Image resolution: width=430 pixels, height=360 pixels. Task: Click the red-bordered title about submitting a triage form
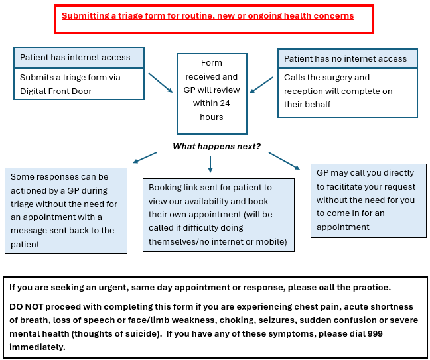(x=208, y=16)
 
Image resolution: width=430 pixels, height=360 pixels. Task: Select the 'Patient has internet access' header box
(x=79, y=58)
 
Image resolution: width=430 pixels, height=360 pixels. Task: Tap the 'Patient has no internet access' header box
(x=347, y=58)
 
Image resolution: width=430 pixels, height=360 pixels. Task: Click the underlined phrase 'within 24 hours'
(x=211, y=110)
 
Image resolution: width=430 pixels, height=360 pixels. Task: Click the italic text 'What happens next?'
(x=216, y=146)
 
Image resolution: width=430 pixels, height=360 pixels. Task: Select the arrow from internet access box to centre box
(x=160, y=82)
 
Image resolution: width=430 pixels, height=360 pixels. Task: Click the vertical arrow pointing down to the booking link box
(x=210, y=164)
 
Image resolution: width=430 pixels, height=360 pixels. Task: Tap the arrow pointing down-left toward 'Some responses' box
(x=145, y=158)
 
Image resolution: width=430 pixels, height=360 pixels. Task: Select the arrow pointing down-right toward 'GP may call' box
(x=283, y=160)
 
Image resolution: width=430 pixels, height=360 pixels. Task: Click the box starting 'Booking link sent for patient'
(x=218, y=215)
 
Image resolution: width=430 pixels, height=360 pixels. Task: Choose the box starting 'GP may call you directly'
(x=369, y=200)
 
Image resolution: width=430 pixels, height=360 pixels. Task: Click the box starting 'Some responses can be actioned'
(x=66, y=211)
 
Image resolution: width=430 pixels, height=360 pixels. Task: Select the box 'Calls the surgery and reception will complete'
(x=347, y=91)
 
